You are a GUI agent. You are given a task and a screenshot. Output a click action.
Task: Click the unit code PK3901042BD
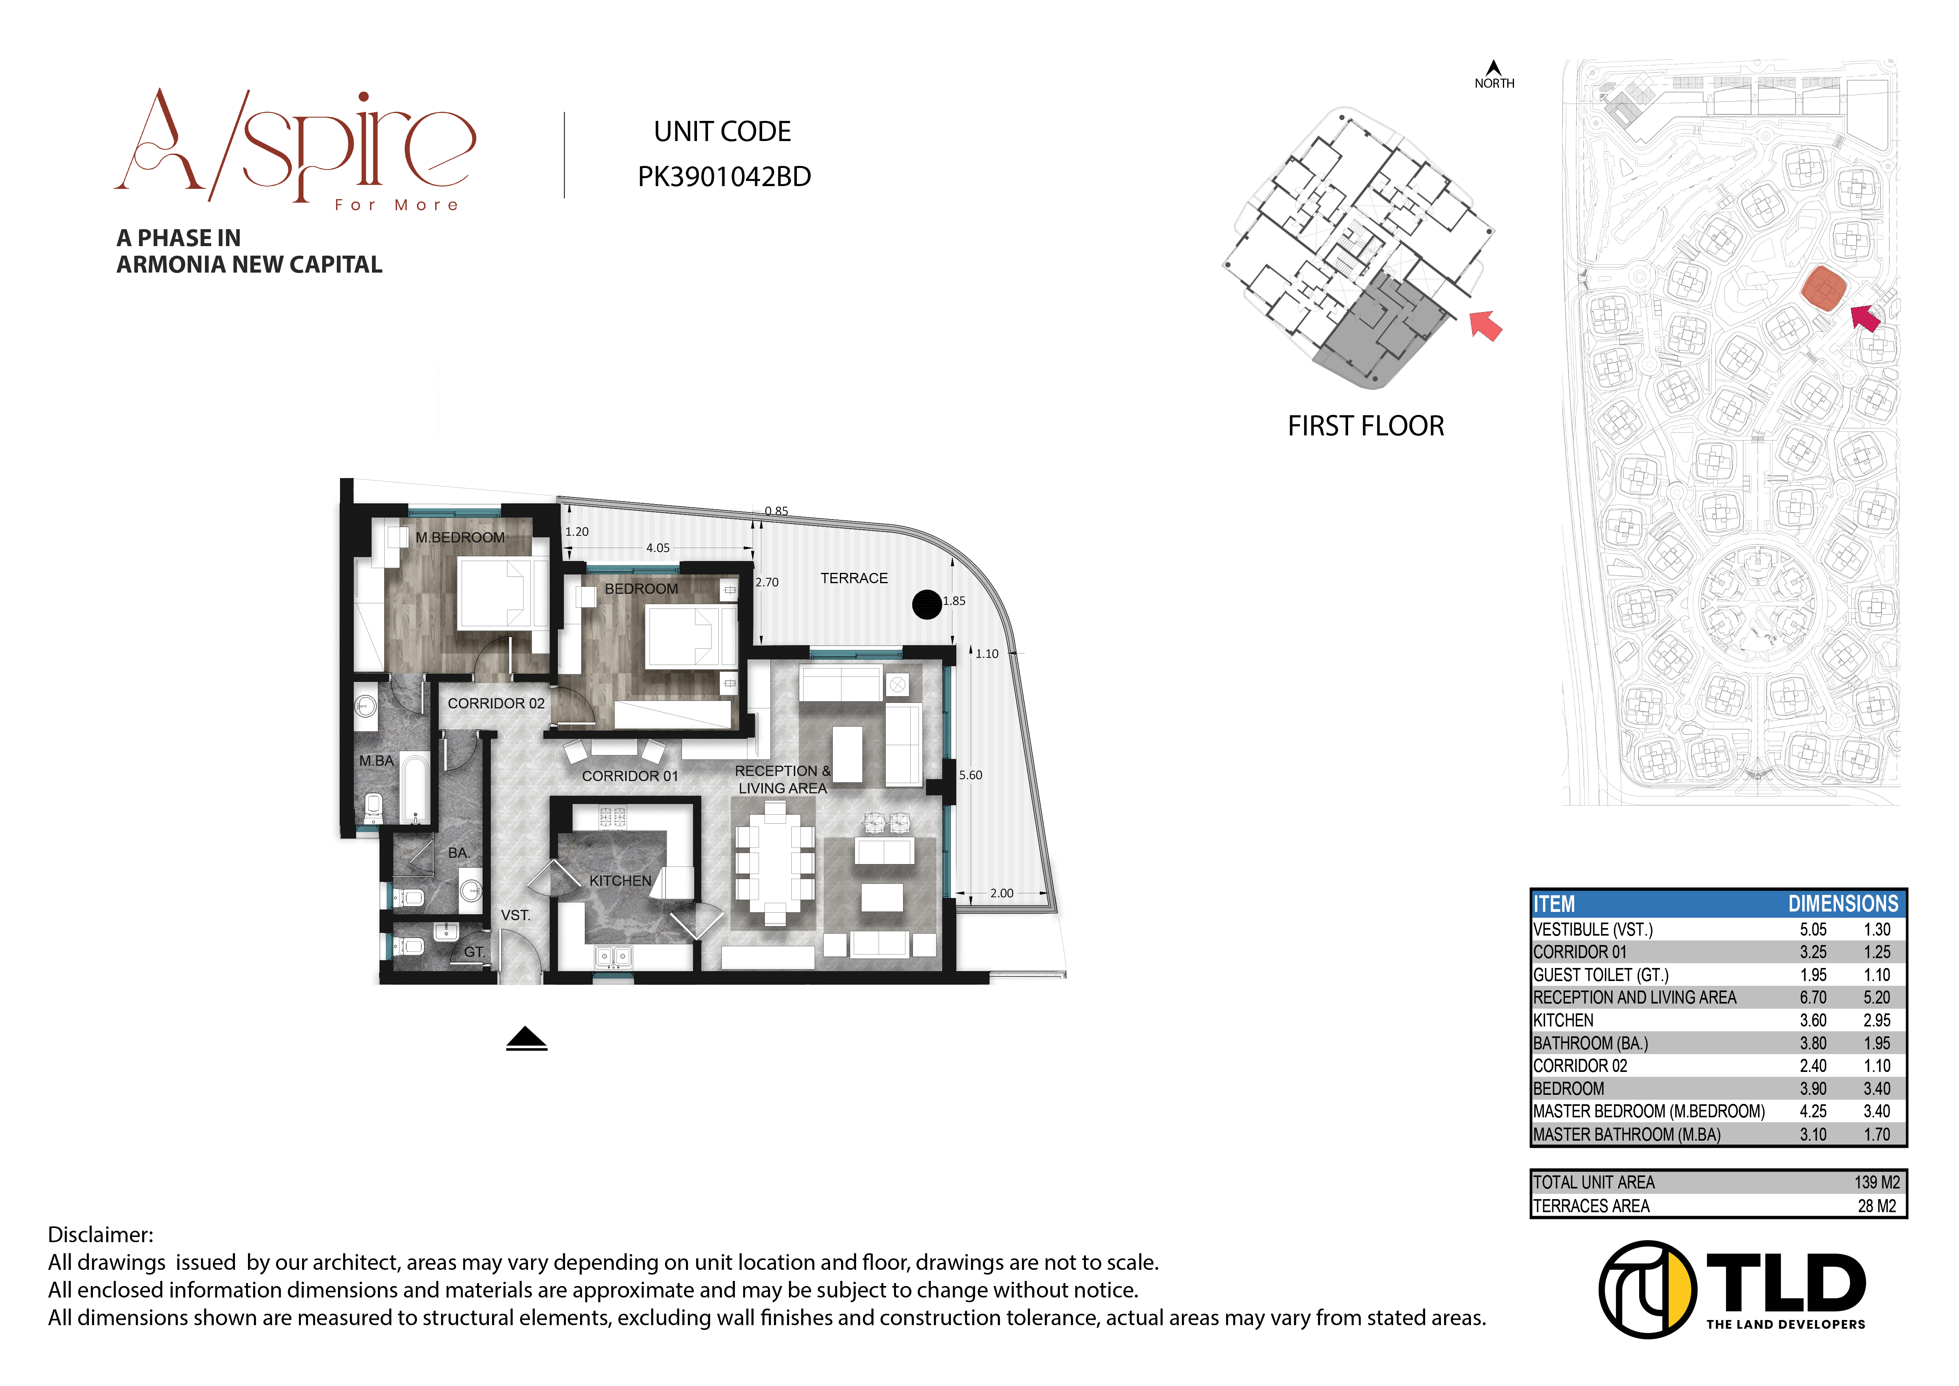(x=723, y=177)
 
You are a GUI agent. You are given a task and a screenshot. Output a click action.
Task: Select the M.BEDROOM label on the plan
(x=460, y=537)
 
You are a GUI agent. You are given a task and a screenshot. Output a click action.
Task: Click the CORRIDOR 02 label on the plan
(x=496, y=703)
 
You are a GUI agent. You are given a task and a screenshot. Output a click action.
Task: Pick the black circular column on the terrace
(x=927, y=604)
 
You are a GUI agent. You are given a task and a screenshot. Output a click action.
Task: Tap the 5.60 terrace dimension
(x=970, y=775)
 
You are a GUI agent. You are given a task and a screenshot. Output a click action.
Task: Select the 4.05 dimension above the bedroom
(x=658, y=548)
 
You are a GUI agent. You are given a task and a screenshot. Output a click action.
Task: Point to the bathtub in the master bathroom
(x=415, y=788)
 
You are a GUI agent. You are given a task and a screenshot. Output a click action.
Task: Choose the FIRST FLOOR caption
(x=1365, y=426)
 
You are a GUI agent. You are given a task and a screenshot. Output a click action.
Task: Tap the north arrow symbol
(x=1493, y=68)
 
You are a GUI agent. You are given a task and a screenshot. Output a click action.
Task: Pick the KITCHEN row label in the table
(x=1563, y=1020)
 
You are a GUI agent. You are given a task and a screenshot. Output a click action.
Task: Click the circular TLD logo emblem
(x=1647, y=1289)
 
